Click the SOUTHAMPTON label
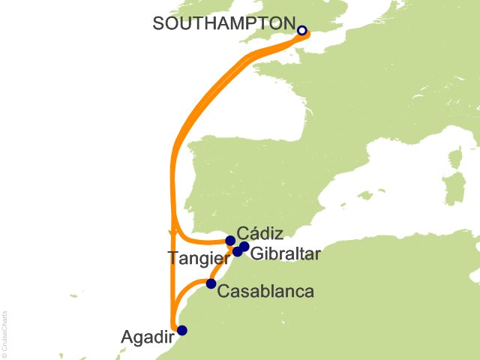223,23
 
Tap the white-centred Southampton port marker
301,31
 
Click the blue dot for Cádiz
230,241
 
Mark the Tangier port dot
237,251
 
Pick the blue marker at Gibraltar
244,246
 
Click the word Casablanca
265,290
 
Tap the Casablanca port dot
211,283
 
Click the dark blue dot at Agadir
181,330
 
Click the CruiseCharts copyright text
4,330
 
